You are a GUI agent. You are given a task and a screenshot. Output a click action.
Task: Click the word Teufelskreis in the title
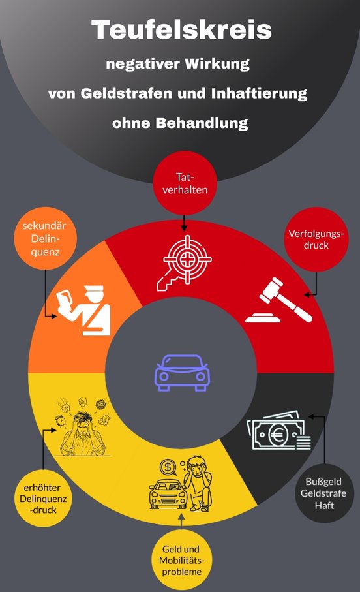(x=181, y=30)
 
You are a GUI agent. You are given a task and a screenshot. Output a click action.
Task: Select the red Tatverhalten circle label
(x=185, y=183)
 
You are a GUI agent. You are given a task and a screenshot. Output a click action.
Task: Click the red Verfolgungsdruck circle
(x=316, y=239)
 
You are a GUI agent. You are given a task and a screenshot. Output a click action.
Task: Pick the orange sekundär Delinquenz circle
(x=45, y=238)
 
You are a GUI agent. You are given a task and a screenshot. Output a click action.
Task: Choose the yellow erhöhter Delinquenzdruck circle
(x=43, y=499)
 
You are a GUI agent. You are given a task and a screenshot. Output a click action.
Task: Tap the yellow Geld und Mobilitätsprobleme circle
(x=181, y=560)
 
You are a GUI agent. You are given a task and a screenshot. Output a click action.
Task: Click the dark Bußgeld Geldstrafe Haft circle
(x=324, y=493)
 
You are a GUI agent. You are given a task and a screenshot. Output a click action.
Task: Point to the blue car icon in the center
(x=182, y=373)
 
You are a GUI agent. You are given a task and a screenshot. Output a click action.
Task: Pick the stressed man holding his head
(x=83, y=433)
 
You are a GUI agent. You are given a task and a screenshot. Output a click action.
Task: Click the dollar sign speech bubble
(x=168, y=467)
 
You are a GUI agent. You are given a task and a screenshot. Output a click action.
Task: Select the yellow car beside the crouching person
(x=168, y=493)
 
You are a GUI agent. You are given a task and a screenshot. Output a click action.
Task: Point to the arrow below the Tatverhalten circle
(x=184, y=223)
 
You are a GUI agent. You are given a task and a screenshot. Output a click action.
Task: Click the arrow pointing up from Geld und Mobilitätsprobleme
(x=181, y=521)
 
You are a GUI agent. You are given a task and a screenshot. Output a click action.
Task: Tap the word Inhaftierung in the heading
(x=259, y=93)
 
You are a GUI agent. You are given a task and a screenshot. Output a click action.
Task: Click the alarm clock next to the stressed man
(x=61, y=420)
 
